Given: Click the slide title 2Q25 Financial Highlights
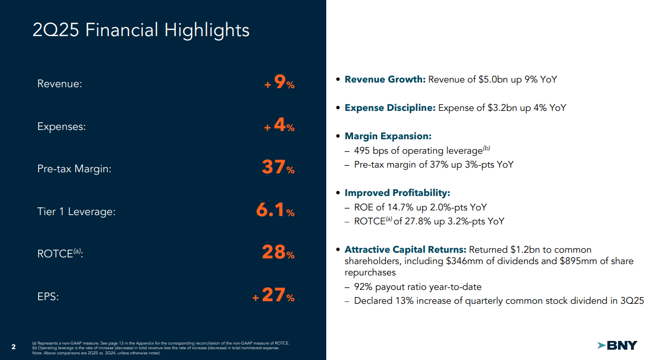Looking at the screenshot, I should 141,30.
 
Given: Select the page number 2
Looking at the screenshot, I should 13,346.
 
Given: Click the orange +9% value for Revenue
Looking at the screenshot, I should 280,83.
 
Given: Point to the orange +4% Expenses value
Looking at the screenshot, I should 280,126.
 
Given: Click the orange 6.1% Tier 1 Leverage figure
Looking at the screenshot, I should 275,210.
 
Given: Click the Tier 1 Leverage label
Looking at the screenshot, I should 76,211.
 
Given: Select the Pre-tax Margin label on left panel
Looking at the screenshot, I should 74,169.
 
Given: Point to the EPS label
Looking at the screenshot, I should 48,297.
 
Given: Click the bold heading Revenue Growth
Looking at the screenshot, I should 385,79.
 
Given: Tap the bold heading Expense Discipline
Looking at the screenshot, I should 390,108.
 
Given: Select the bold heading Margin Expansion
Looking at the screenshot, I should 388,136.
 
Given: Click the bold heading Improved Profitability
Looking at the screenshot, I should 397,193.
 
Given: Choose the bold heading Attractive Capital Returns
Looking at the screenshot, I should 405,250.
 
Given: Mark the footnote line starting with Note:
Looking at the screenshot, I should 96,353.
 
